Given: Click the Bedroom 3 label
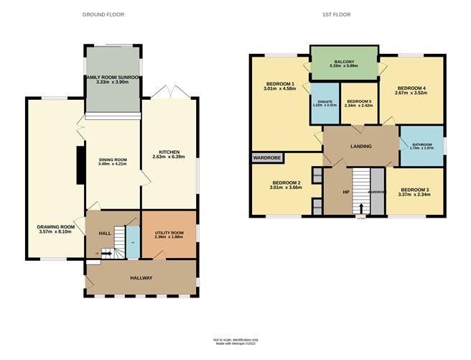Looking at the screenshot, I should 415,190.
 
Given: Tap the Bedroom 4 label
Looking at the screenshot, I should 411,88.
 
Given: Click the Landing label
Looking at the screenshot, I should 360,147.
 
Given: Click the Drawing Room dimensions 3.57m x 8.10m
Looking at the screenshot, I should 56,232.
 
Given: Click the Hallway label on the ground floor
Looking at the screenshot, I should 141,277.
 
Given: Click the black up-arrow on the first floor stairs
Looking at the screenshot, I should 361,208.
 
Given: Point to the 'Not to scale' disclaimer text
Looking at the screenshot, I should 235,339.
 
